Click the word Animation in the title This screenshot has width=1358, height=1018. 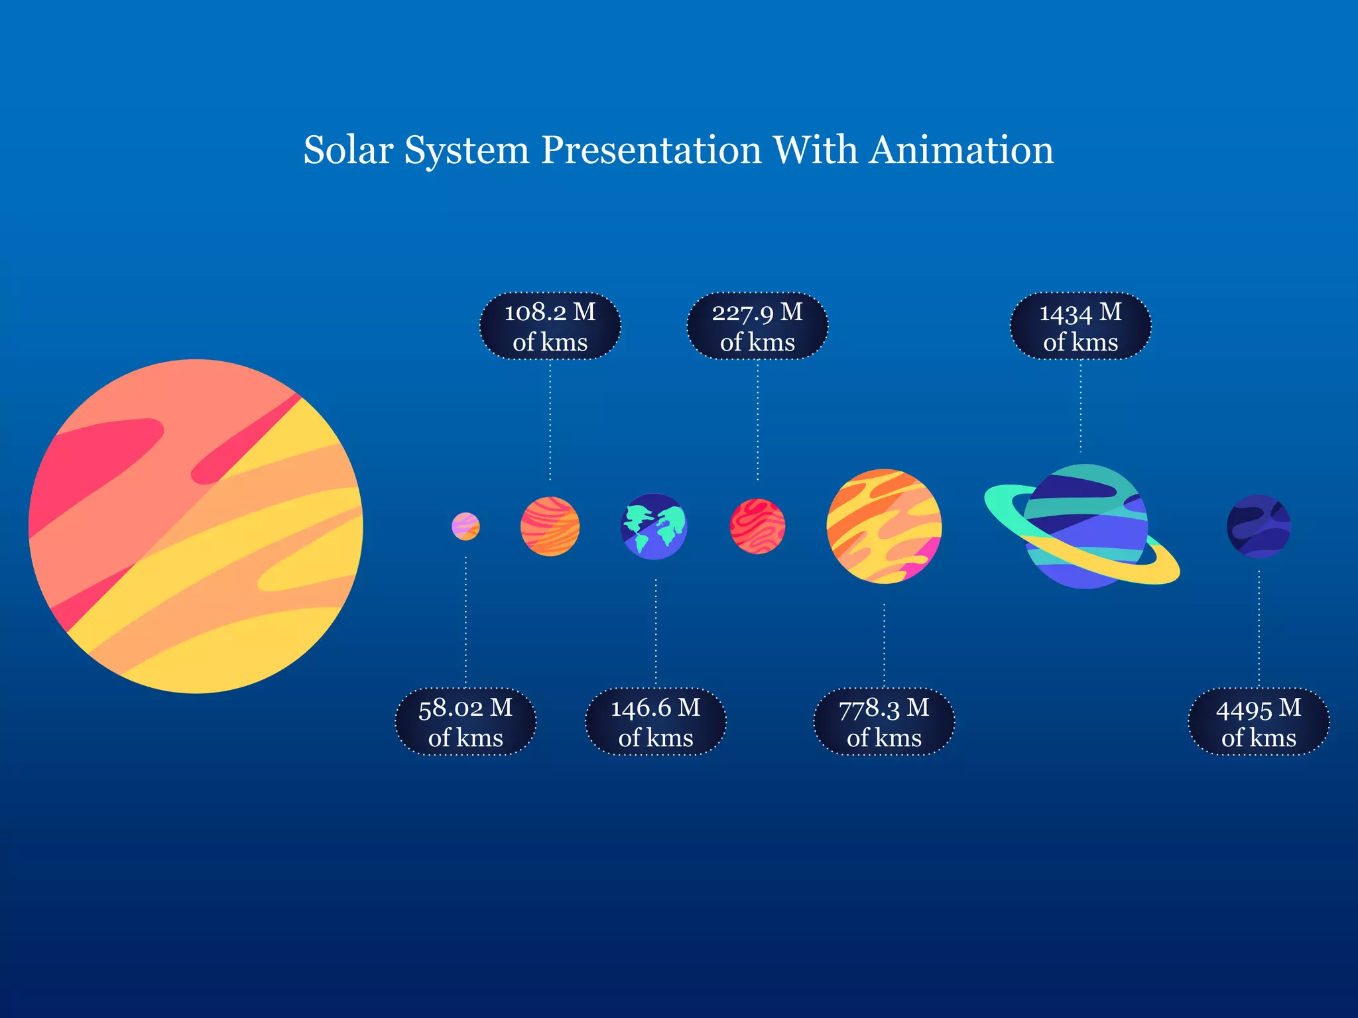tap(961, 150)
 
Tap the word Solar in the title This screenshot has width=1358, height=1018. tap(348, 150)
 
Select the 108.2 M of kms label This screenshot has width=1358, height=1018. tap(550, 326)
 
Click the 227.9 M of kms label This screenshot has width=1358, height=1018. tap(757, 326)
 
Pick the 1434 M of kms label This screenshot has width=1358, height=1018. tap(1080, 326)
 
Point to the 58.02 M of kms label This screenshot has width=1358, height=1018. tap(465, 722)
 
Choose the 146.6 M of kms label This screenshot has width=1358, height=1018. tap(655, 722)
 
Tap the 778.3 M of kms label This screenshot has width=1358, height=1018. tap(884, 722)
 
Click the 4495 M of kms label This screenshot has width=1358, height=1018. tap(1259, 722)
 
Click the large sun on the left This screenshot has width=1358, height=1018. tap(196, 526)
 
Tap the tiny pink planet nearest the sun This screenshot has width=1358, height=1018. tap(465, 526)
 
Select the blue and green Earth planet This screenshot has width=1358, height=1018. tap(654, 526)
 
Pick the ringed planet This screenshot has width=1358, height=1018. tap(1085, 526)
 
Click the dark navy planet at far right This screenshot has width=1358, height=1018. tap(1259, 526)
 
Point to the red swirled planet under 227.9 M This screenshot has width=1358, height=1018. tap(757, 526)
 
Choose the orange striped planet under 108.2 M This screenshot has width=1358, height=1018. tap(550, 526)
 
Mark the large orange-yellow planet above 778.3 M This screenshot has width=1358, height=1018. tap(884, 526)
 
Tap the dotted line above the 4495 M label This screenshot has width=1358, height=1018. tap(1259, 630)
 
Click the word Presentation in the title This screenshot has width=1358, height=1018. tap(651, 150)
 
